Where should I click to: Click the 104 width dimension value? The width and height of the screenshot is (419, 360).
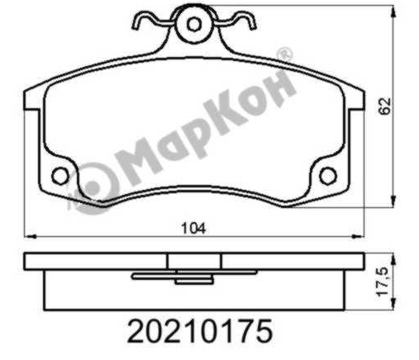(x=193, y=228)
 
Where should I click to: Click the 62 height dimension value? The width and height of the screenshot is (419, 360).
(x=384, y=106)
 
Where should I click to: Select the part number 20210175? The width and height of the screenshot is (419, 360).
(x=200, y=330)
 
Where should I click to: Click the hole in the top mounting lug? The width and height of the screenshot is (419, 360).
(x=194, y=25)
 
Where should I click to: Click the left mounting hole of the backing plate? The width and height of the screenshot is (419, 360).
(x=60, y=176)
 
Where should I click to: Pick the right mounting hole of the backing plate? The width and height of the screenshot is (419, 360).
(x=328, y=176)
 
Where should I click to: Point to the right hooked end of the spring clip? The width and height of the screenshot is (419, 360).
(x=251, y=22)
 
